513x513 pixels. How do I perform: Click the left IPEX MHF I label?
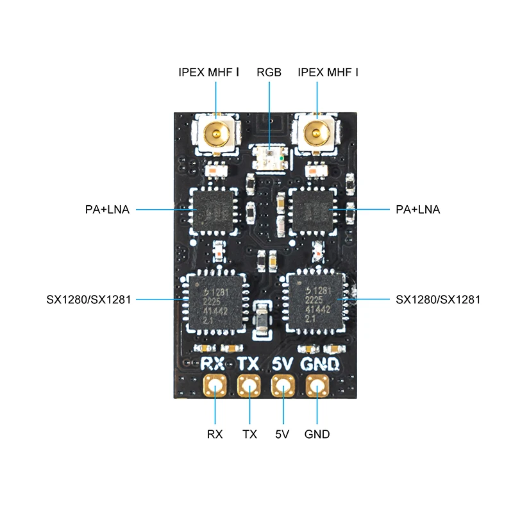[209, 72]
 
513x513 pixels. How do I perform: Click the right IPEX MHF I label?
[328, 72]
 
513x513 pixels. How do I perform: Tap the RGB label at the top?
[269, 72]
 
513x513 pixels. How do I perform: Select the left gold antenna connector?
[216, 134]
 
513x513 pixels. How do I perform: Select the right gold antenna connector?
[316, 134]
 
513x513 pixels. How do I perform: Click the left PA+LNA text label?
[107, 210]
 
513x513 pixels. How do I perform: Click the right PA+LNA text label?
[418, 210]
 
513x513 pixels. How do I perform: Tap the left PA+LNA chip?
[215, 210]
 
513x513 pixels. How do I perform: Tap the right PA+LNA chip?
[312, 210]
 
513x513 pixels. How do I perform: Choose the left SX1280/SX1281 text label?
[88, 299]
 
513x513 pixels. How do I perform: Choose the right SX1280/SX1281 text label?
[438, 299]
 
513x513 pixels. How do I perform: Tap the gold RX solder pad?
[214, 386]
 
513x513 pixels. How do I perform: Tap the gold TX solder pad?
[248, 386]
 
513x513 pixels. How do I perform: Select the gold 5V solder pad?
[282, 386]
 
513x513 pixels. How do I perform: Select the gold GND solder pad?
[317, 386]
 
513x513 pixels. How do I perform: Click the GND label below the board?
[317, 434]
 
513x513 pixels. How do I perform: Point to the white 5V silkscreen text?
[282, 364]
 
